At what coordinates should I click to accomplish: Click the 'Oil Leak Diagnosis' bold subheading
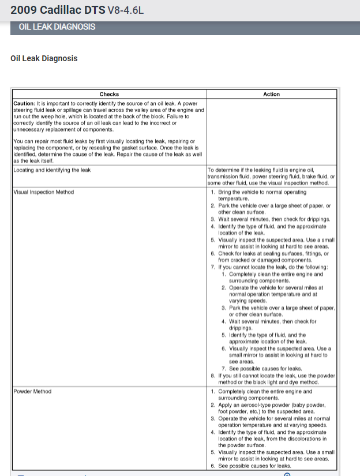(x=44, y=58)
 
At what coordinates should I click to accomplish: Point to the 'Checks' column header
(x=109, y=94)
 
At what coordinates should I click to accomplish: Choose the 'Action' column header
(x=271, y=94)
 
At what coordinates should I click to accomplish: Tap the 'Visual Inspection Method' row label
(x=44, y=192)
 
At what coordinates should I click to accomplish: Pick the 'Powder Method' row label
(x=32, y=391)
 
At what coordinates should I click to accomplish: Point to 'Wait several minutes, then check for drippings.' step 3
(x=273, y=219)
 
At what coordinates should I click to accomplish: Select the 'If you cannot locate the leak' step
(x=273, y=267)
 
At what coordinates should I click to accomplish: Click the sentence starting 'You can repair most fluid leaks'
(x=104, y=140)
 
